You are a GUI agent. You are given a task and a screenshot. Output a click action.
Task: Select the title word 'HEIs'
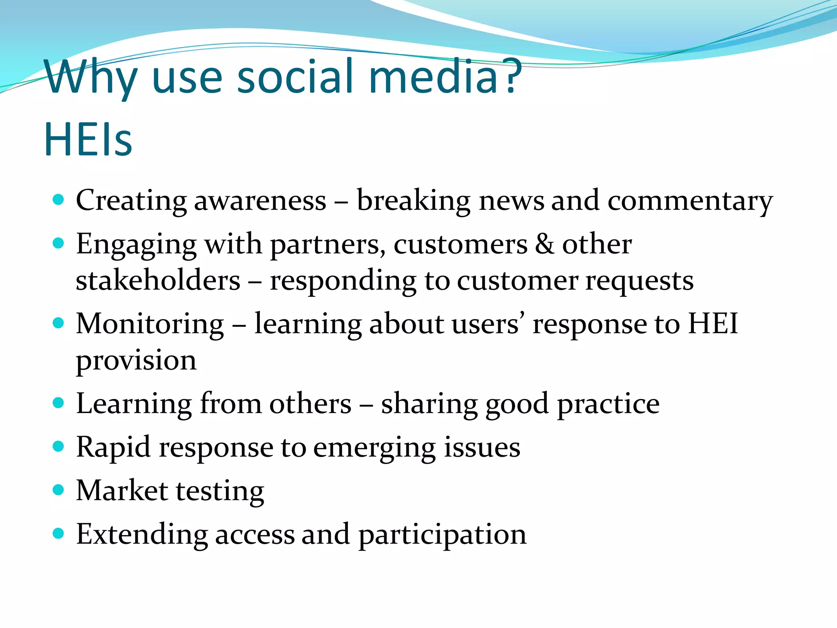(88, 140)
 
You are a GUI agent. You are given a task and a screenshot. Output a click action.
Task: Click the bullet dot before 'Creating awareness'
(59, 200)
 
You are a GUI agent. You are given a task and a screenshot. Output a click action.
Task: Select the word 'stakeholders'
(158, 281)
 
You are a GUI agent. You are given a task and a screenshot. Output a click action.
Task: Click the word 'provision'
(136, 361)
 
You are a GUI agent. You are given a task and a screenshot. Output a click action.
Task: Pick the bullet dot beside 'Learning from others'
(59, 403)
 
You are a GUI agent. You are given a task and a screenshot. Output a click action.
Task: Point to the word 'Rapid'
(113, 447)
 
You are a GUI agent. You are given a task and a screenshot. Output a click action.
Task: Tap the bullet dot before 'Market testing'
(59, 489)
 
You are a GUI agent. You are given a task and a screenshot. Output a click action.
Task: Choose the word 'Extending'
(141, 535)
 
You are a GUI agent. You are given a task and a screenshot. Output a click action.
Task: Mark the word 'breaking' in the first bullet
(413, 201)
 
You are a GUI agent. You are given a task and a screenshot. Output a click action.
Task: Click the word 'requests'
(639, 282)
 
